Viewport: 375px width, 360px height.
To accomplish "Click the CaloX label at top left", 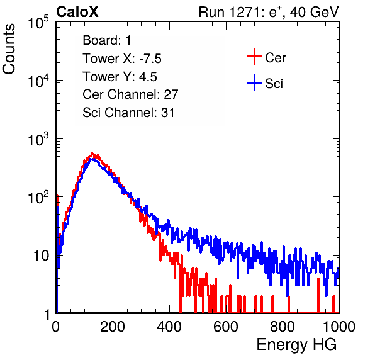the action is pos(77,12).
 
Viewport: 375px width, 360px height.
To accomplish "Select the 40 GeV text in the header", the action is pos(314,12).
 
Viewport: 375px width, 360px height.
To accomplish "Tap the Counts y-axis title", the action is pos(9,49).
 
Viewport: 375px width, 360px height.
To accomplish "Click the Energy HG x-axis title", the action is pos(296,345).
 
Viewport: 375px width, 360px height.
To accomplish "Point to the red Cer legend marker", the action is pos(254,57).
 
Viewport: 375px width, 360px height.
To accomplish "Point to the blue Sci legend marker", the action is pos(254,83).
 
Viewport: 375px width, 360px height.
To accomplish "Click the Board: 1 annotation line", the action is pos(107,40).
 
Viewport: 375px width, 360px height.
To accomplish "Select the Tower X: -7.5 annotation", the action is pos(122,59).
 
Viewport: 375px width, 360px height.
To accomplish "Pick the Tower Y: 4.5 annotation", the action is pos(120,77).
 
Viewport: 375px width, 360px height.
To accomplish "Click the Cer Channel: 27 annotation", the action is pos(130,94).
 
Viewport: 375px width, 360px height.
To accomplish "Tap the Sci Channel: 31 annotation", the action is pos(128,113).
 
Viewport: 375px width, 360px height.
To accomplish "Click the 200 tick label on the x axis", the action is pos(113,327).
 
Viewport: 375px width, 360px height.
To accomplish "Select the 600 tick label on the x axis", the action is pos(226,327).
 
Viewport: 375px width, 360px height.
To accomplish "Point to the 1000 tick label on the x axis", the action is pos(339,327).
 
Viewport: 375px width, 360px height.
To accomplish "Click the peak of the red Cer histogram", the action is pos(92,153).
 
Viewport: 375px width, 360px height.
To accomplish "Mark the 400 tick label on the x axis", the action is pos(169,327).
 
